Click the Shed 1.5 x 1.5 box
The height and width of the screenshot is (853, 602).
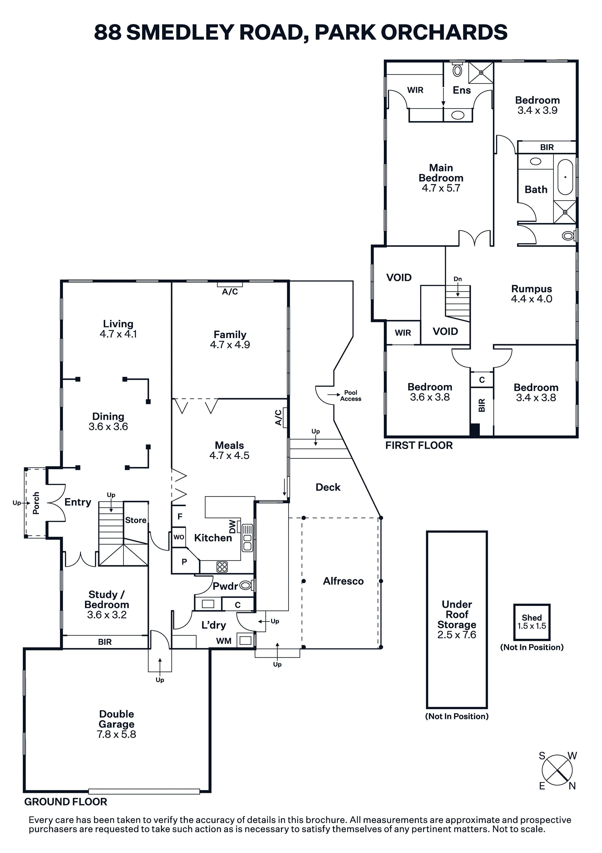click(x=532, y=621)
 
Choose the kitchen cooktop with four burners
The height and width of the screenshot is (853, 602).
click(x=222, y=567)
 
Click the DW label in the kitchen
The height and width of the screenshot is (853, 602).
click(x=232, y=526)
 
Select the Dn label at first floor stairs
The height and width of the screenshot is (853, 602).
click(x=458, y=279)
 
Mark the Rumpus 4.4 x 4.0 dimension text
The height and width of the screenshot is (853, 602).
click(x=532, y=299)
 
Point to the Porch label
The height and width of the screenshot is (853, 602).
click(x=36, y=503)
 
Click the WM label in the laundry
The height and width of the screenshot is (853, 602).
click(x=224, y=641)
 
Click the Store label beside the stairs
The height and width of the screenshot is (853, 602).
click(x=136, y=520)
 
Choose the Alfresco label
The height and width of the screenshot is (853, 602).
click(x=343, y=581)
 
